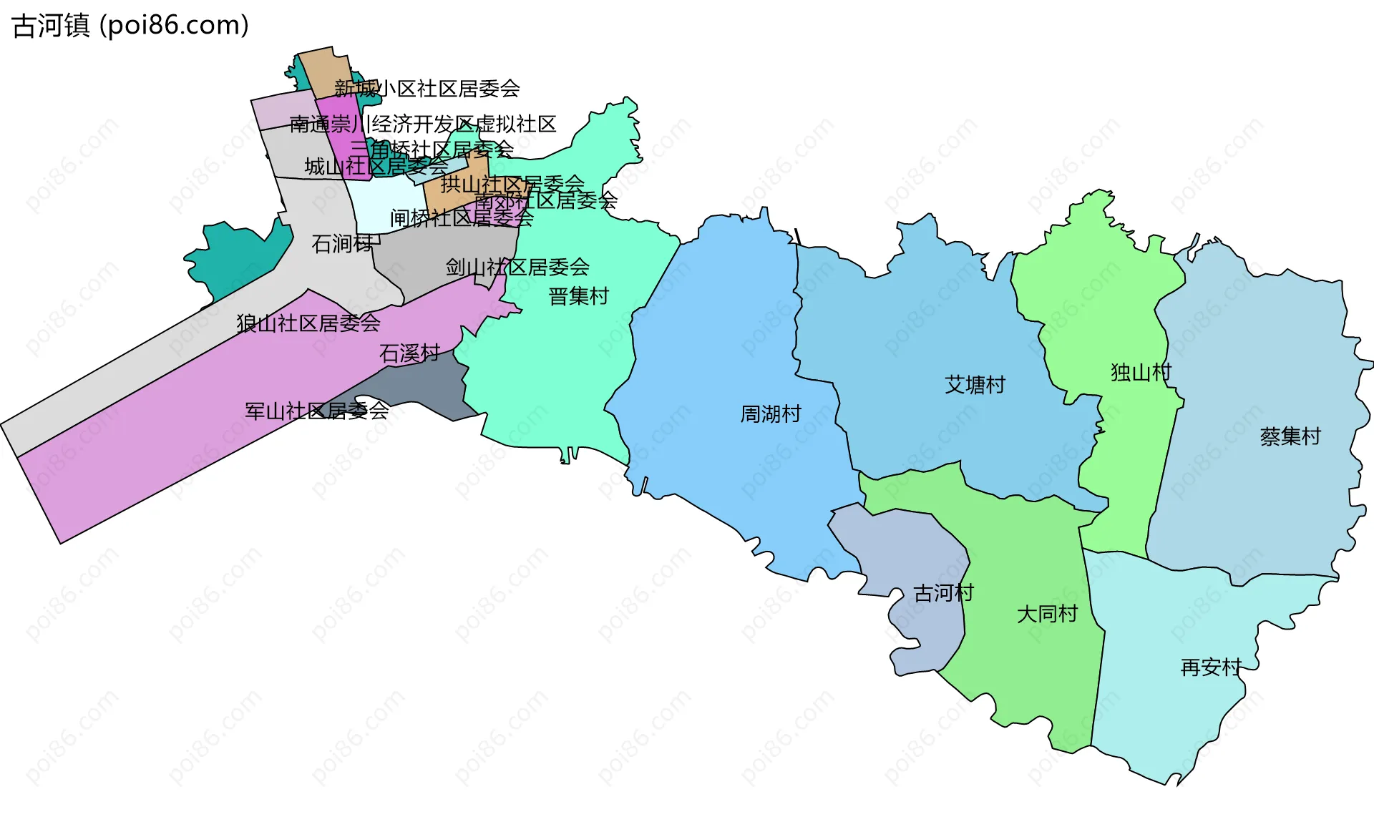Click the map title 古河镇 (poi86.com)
(131, 26)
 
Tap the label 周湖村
(771, 414)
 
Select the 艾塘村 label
(975, 385)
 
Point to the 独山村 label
(1141, 372)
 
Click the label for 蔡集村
(1290, 436)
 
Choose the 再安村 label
(1211, 667)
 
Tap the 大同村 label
(1047, 614)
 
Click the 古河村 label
(943, 593)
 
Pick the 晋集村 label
(578, 296)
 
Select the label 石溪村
(409, 353)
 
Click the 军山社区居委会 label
(316, 411)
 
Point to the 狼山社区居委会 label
(308, 323)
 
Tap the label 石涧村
(342, 244)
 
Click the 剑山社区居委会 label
(517, 268)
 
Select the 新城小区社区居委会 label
(427, 89)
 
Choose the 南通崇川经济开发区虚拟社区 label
(423, 124)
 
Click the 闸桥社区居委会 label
(462, 217)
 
